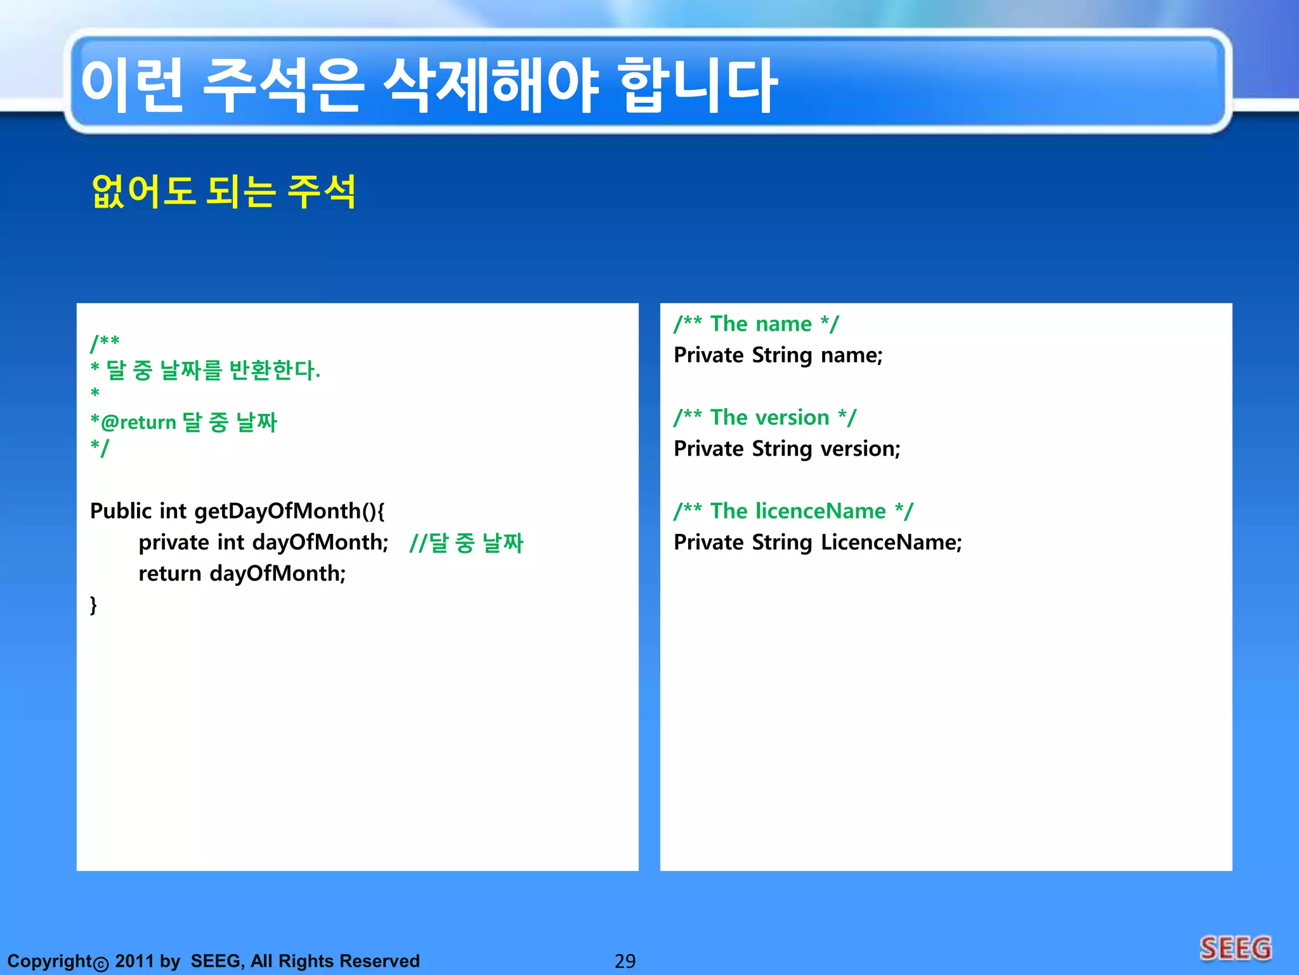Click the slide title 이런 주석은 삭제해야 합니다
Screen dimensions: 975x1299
pyautogui.click(x=429, y=86)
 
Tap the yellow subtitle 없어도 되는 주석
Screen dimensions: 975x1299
pyautogui.click(x=223, y=191)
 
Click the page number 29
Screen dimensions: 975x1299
pyautogui.click(x=625, y=961)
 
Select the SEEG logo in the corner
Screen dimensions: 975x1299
pyautogui.click(x=1236, y=949)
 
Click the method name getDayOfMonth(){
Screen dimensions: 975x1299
pyautogui.click(x=289, y=511)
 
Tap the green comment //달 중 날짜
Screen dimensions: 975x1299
pyautogui.click(x=466, y=543)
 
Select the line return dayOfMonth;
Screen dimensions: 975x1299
pyautogui.click(x=242, y=574)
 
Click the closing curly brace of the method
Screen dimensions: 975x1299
pyautogui.click(x=94, y=604)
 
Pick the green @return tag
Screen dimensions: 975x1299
pyautogui.click(x=138, y=423)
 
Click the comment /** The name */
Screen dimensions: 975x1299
pyautogui.click(x=756, y=324)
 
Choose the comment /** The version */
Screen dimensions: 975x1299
pyautogui.click(x=765, y=418)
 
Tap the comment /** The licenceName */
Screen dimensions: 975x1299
pyautogui.click(x=793, y=511)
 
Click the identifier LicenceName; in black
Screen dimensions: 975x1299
pyautogui.click(x=891, y=543)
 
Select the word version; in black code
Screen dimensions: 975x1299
pyautogui.click(x=860, y=449)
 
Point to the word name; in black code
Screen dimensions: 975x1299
pyautogui.click(x=851, y=355)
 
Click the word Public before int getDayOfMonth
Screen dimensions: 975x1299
pyautogui.click(x=121, y=511)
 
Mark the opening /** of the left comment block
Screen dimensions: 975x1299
pyautogui.click(x=105, y=343)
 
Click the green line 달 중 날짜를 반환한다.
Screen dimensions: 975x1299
pyautogui.click(x=212, y=370)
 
